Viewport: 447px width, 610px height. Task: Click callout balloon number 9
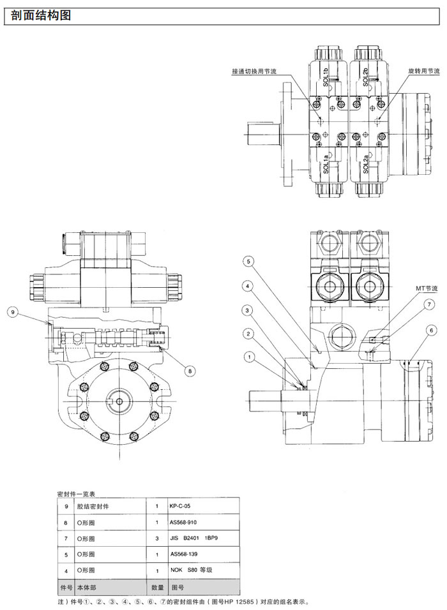click(x=12, y=312)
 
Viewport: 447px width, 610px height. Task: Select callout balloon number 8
click(x=188, y=369)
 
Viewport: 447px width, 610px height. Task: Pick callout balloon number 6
click(x=432, y=330)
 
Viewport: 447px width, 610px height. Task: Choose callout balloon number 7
click(x=430, y=305)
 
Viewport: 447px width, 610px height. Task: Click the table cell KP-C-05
click(x=181, y=506)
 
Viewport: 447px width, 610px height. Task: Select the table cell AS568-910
click(x=184, y=522)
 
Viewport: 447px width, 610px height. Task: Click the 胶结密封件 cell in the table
click(x=93, y=506)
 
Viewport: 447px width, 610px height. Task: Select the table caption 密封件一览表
click(x=76, y=494)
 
